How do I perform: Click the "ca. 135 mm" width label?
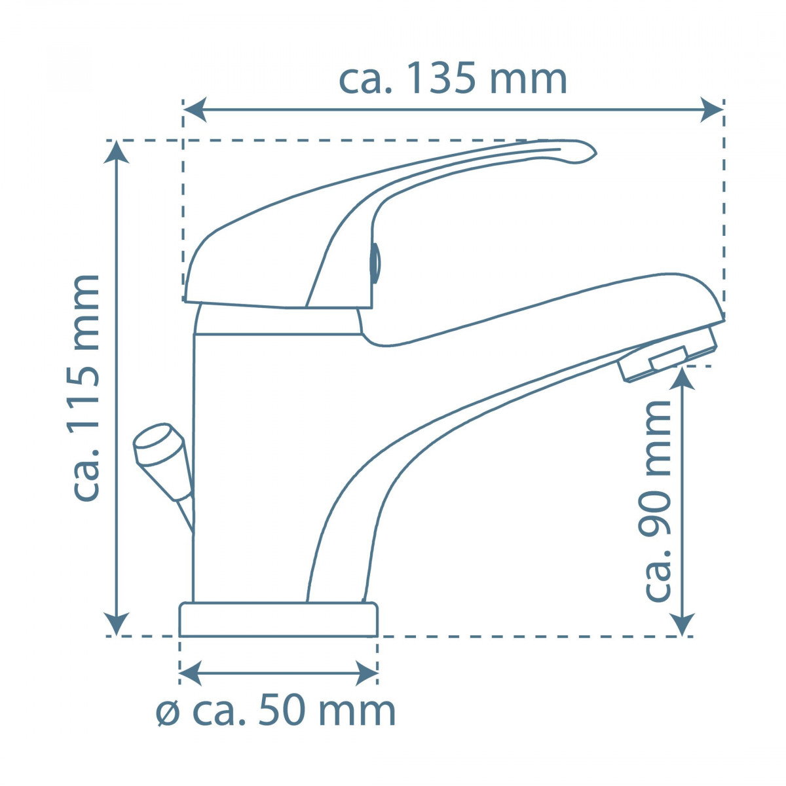pyautogui.click(x=453, y=79)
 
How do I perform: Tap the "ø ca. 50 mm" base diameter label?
pyautogui.click(x=276, y=711)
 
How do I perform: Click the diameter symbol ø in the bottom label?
pyautogui.click(x=168, y=713)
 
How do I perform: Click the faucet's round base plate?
pyautogui.click(x=278, y=620)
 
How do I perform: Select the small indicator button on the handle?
pyautogui.click(x=375, y=263)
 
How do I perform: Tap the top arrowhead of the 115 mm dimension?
pyautogui.click(x=117, y=153)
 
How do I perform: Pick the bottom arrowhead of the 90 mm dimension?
pyautogui.click(x=683, y=624)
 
